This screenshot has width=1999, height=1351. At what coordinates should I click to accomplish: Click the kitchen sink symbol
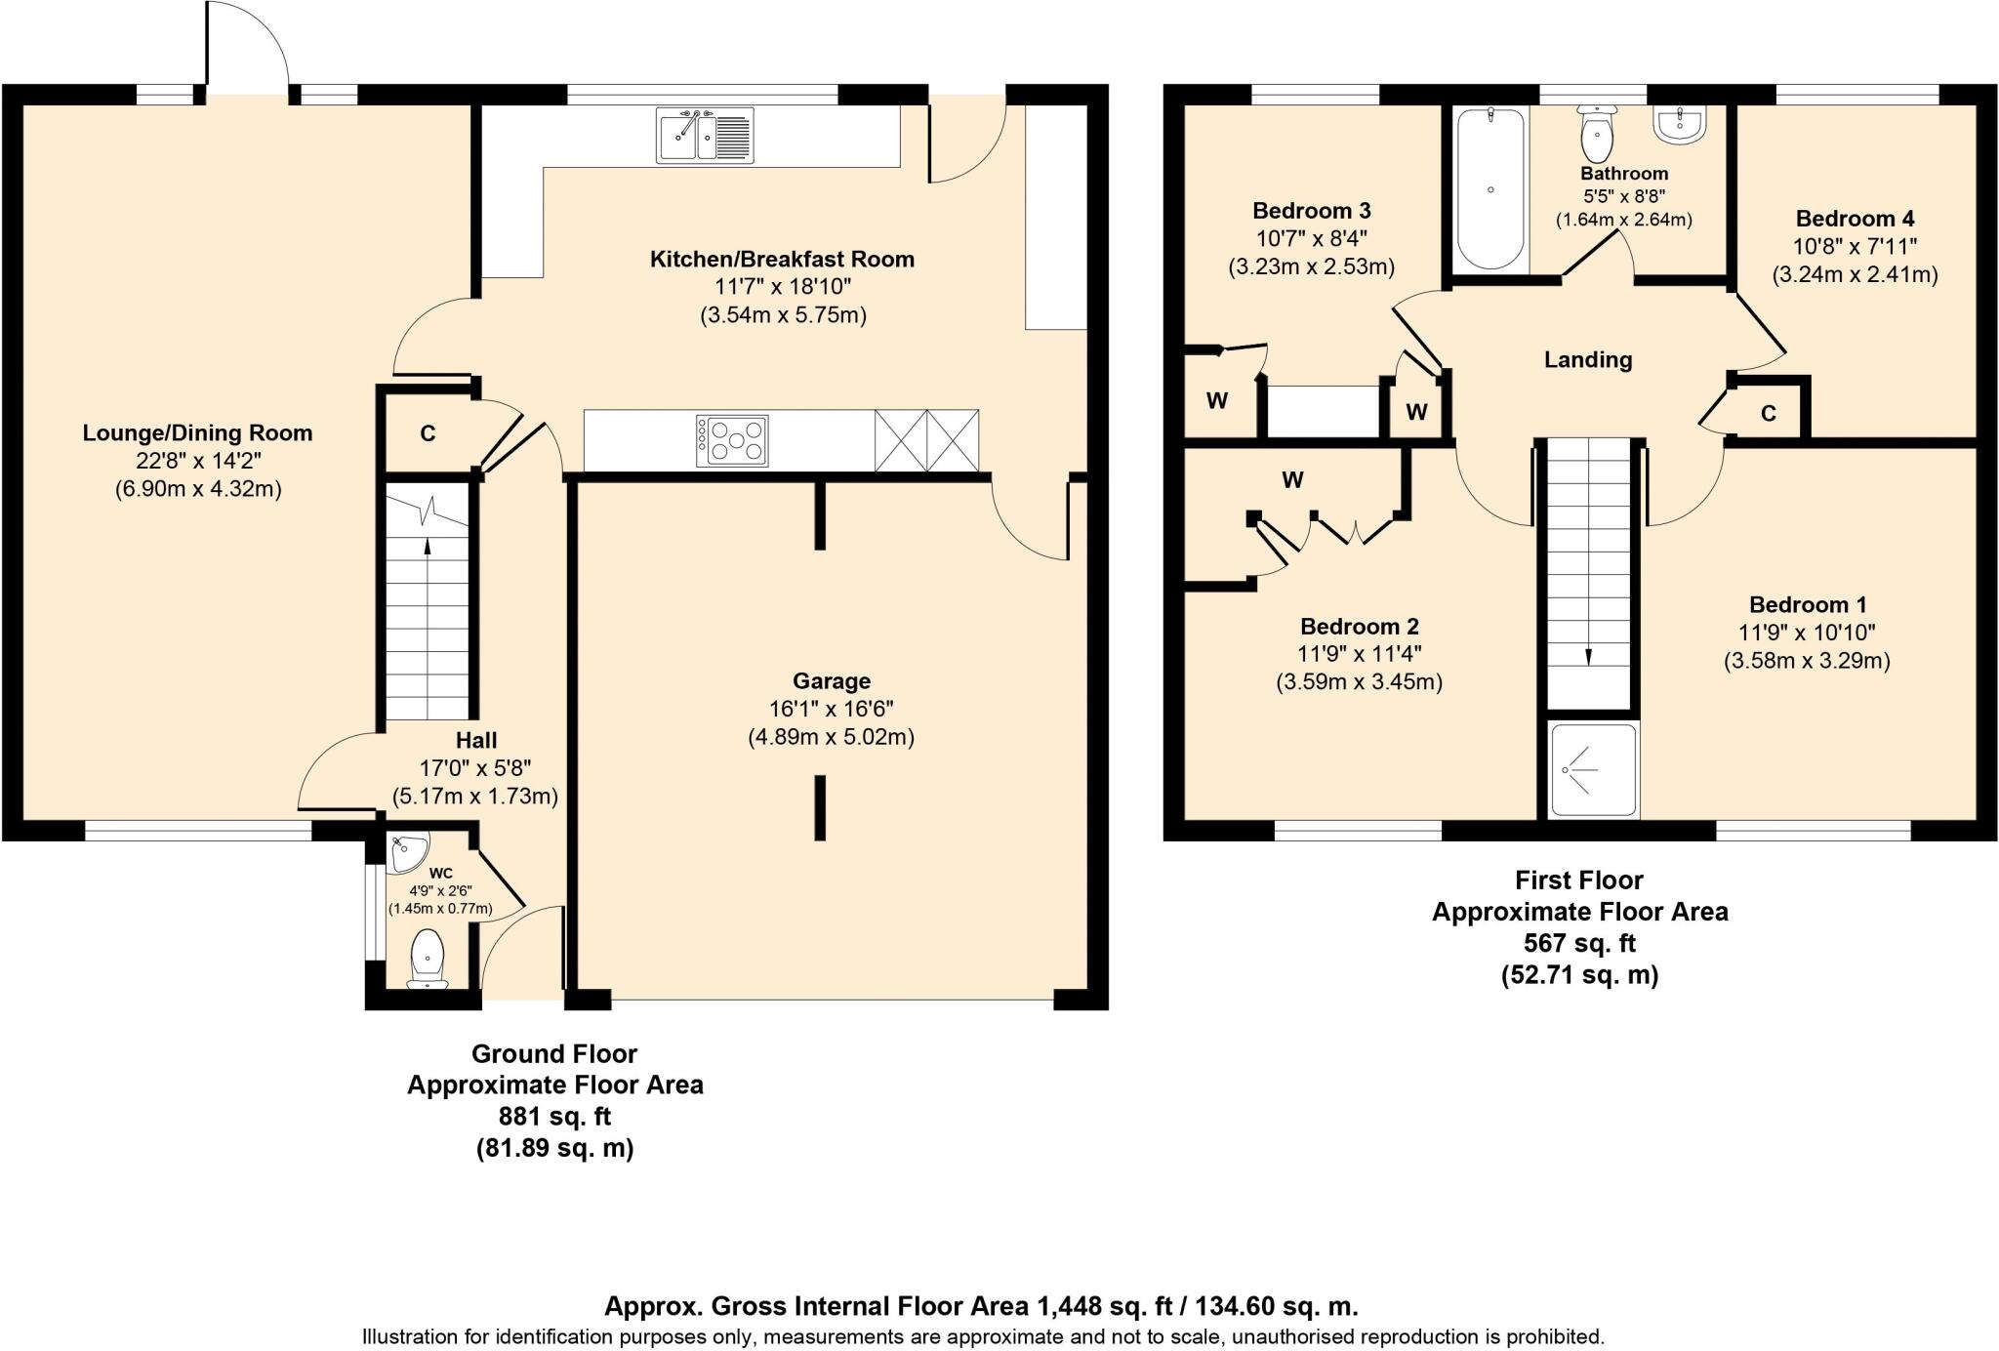tap(705, 136)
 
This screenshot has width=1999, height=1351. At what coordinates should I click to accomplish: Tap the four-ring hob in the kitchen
tap(732, 440)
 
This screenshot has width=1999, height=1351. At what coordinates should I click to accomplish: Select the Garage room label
tap(831, 680)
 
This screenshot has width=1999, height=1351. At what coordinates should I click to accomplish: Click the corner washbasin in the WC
tap(406, 853)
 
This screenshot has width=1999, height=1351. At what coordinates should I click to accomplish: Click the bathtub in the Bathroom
tap(1489, 189)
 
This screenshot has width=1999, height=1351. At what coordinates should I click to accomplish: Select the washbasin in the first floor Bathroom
tap(1680, 125)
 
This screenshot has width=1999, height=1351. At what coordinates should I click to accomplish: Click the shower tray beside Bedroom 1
tap(1593, 770)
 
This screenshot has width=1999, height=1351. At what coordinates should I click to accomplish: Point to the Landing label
tap(1588, 359)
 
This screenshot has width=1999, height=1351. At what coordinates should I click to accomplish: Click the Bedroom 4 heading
tap(1855, 219)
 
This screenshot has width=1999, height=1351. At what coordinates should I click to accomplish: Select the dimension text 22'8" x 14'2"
tap(198, 461)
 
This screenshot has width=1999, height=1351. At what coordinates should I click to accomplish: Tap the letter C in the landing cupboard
tap(1768, 414)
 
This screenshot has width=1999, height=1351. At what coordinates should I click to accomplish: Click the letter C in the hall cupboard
tap(428, 433)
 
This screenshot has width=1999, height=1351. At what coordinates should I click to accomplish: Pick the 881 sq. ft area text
tap(554, 1116)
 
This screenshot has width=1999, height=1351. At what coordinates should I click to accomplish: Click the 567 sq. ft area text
tap(1579, 943)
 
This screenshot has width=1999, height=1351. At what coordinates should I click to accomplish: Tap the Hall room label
tap(475, 740)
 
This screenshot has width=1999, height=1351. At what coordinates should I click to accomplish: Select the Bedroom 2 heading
tap(1359, 626)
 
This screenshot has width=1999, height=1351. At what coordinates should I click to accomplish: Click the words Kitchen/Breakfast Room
tap(782, 259)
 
